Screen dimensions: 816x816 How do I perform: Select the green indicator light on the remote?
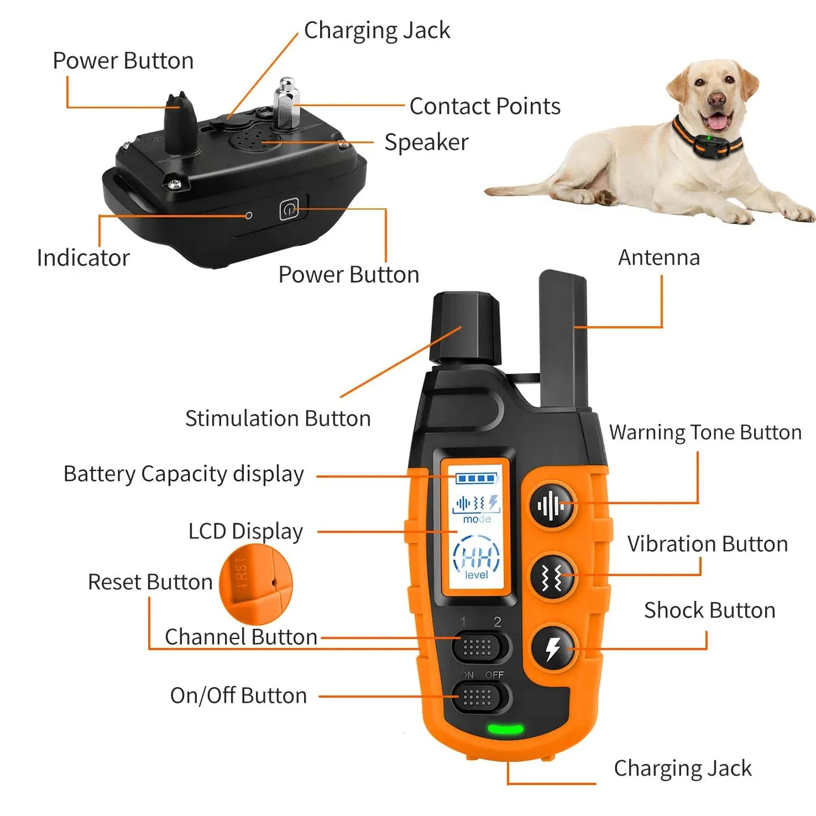505,729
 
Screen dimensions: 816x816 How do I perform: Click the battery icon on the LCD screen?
476,478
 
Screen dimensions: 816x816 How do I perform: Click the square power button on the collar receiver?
289,210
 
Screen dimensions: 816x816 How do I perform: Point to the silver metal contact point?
286,104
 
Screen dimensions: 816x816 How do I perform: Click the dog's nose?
716,100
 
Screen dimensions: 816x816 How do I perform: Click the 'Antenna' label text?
658,258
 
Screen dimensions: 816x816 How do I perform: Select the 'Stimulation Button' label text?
278,419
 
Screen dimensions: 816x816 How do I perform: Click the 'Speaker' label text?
426,142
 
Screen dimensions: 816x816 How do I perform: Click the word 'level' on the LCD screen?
476,575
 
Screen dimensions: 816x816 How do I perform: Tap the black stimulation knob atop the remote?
466,329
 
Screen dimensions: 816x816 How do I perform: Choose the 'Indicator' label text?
83,258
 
